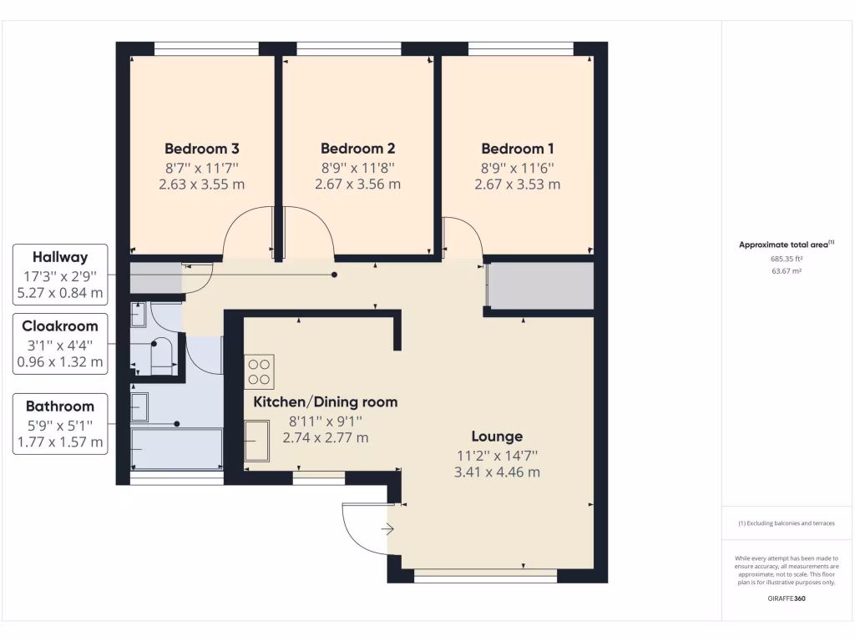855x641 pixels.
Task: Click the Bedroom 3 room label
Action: point(202,149)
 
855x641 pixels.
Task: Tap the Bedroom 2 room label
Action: point(357,149)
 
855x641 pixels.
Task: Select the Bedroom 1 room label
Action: point(517,149)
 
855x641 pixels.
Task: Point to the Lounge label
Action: point(497,437)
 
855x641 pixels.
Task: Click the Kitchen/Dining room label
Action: point(326,402)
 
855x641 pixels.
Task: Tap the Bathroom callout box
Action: point(60,424)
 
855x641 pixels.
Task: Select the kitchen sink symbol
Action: point(257,440)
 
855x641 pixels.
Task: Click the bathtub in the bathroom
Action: point(177,449)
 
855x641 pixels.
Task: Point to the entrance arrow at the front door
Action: point(387,528)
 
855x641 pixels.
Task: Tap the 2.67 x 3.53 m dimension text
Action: point(517,184)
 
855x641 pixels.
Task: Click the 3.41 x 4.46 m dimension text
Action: point(497,472)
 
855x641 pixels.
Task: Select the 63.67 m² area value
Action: point(786,270)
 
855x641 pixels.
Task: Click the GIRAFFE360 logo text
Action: point(786,598)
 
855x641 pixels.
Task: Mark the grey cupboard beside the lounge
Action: point(540,287)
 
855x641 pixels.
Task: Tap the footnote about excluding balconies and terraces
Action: point(786,523)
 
